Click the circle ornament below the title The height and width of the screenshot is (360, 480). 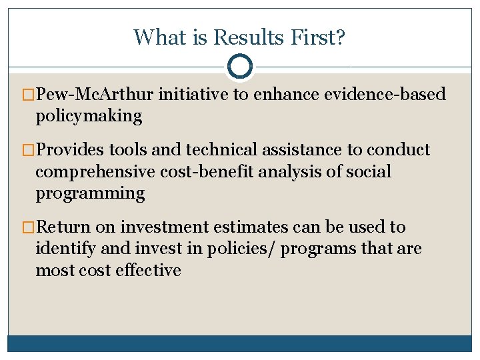239,67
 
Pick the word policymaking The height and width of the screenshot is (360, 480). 89,116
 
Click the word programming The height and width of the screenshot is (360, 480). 90,194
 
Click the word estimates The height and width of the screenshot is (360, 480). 255,227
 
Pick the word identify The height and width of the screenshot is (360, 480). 63,249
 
